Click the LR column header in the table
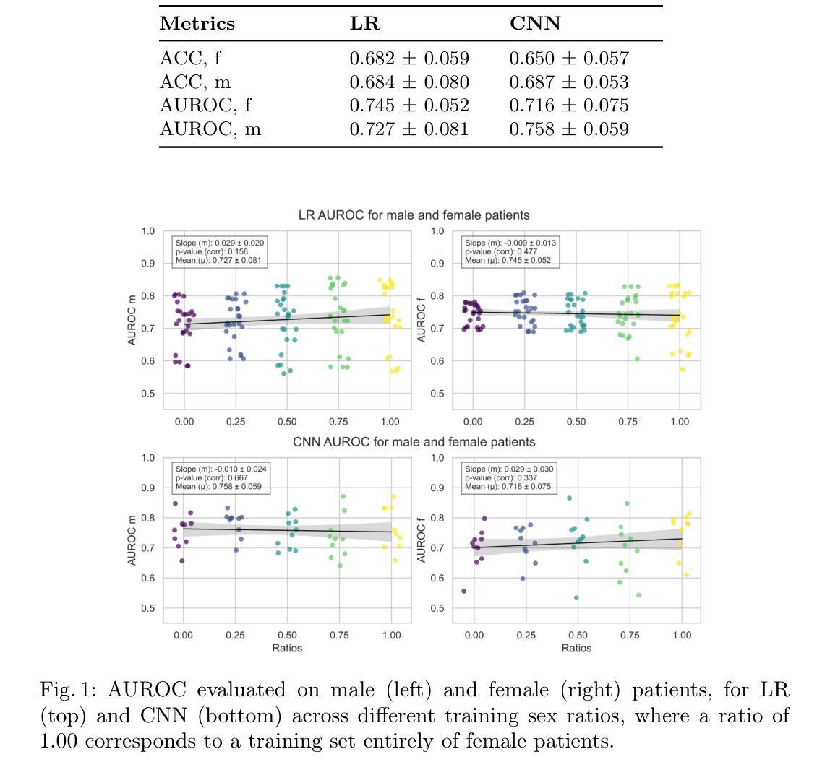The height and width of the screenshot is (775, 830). click(364, 24)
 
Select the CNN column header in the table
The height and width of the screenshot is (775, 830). click(535, 24)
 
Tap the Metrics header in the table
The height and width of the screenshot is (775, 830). click(197, 24)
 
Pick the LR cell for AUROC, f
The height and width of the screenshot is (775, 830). click(409, 105)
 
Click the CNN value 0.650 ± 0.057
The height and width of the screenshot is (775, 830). click(569, 59)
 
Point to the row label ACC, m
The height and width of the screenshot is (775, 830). click(195, 82)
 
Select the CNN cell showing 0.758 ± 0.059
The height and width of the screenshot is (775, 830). click(569, 129)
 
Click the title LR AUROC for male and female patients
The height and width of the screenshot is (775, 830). click(414, 215)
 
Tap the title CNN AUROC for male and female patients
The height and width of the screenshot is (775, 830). click(414, 441)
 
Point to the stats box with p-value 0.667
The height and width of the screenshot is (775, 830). click(221, 478)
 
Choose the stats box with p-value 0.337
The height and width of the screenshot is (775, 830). click(509, 478)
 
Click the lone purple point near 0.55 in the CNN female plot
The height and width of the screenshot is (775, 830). click(463, 591)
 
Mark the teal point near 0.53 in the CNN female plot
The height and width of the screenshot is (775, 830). click(576, 597)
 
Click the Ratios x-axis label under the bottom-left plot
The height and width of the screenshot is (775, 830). click(287, 648)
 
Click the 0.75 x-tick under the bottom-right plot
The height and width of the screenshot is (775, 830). click(629, 635)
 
